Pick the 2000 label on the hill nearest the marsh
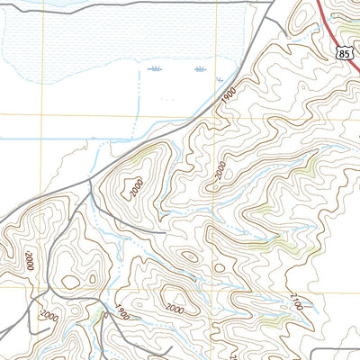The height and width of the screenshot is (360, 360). (135, 190)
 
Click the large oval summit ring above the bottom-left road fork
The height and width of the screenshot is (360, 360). (70, 282)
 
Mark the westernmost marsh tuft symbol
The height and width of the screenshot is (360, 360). (155, 68)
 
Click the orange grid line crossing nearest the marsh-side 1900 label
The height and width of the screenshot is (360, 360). (216, 115)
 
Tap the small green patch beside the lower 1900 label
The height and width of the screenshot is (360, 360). (97, 314)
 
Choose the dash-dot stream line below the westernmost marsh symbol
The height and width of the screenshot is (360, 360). (140, 99)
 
